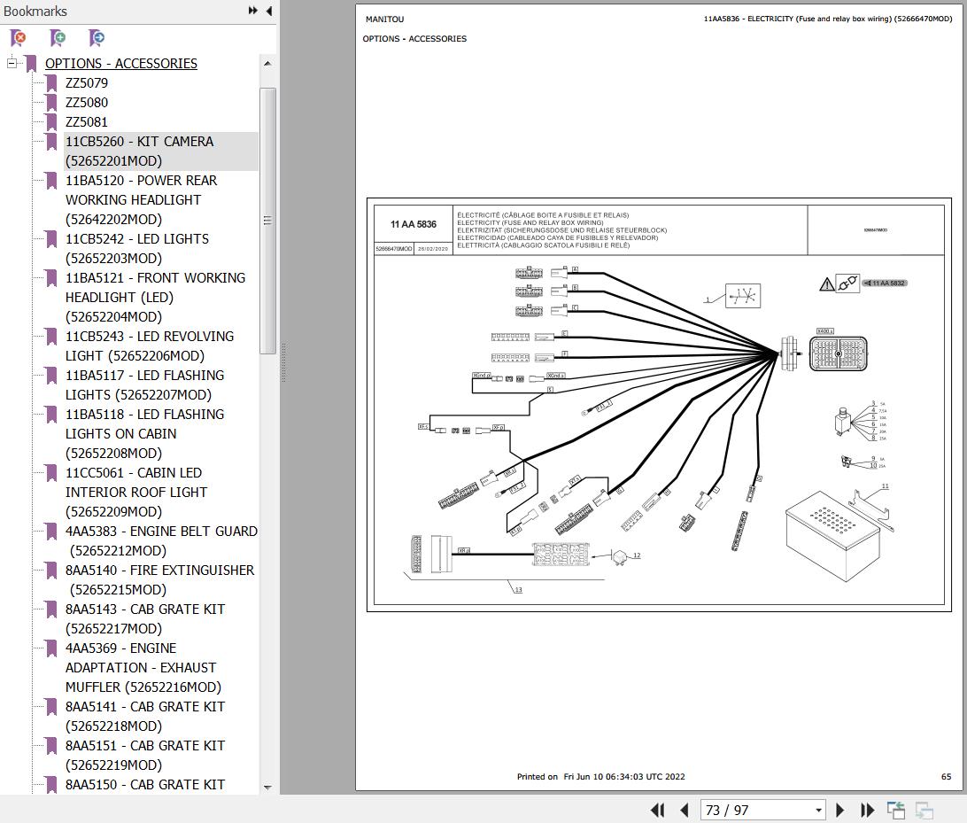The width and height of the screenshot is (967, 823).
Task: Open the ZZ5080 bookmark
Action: pyautogui.click(x=87, y=103)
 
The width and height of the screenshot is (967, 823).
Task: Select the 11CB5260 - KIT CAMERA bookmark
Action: pyautogui.click(x=139, y=142)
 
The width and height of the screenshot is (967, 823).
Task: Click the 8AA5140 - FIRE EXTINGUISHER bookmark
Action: pyautogui.click(x=159, y=571)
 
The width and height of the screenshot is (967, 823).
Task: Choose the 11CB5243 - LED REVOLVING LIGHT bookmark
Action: pyautogui.click(x=149, y=337)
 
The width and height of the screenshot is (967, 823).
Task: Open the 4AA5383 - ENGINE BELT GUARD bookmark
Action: pyautogui.click(x=161, y=532)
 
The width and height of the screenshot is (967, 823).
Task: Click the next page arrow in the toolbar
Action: pyautogui.click(x=840, y=810)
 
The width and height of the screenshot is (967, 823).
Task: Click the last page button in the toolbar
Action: pyautogui.click(x=868, y=810)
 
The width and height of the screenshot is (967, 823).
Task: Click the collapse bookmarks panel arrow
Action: pyautogui.click(x=268, y=11)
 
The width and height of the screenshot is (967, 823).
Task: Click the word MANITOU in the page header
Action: pyautogui.click(x=384, y=19)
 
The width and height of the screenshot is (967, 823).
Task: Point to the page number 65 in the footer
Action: pyautogui.click(x=946, y=777)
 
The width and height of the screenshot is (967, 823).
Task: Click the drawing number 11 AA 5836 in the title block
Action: pyautogui.click(x=414, y=225)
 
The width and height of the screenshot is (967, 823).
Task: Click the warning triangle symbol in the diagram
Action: pyautogui.click(x=826, y=283)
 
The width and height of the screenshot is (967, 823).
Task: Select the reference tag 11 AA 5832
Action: pyautogui.click(x=886, y=283)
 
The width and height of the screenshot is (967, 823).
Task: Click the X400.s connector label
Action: pyautogui.click(x=825, y=331)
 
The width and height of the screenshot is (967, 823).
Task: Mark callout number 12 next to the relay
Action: pyautogui.click(x=637, y=555)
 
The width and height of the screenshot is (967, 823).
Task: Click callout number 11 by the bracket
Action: pyautogui.click(x=885, y=486)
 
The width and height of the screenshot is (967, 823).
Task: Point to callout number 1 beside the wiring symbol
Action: pyautogui.click(x=708, y=299)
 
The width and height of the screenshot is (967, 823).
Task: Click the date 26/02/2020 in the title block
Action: pyautogui.click(x=434, y=250)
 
